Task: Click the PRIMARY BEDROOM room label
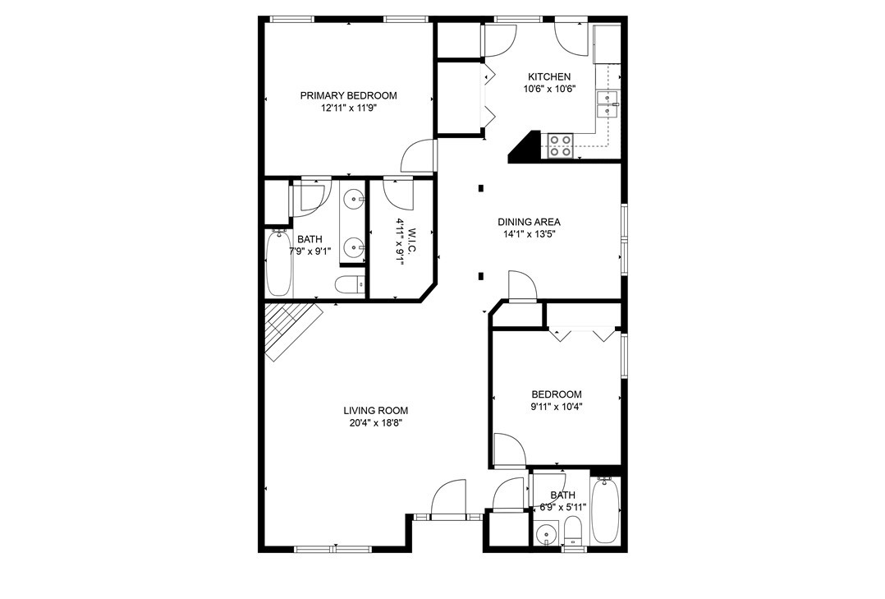[348, 95]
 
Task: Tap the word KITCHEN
[548, 77]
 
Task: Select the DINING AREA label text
[529, 222]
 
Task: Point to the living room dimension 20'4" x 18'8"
[375, 423]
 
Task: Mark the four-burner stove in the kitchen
[561, 145]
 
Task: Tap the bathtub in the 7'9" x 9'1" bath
[278, 263]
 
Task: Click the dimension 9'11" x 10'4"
[556, 406]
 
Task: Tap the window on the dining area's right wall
[624, 239]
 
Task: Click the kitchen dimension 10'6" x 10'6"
[548, 90]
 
